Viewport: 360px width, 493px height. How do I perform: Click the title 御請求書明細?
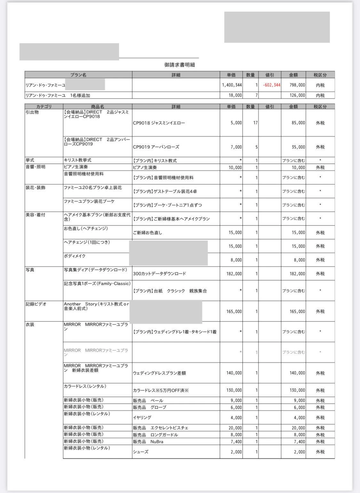point(180,65)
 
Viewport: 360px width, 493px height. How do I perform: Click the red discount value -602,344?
point(271,85)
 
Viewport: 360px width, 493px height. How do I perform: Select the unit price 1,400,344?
point(232,85)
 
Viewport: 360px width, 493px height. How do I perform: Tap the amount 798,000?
point(297,85)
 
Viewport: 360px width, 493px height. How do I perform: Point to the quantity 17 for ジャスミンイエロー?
point(255,123)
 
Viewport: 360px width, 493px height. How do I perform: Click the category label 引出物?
point(32,112)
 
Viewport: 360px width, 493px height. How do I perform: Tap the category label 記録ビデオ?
point(36,304)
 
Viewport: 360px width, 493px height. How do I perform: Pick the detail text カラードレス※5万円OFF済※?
point(161,391)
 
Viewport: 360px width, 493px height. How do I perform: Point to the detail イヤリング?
point(142,418)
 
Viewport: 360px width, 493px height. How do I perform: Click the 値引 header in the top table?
point(270,75)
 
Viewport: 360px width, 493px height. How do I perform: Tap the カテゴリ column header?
point(44,107)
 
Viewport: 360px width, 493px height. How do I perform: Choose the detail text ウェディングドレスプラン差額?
point(159,373)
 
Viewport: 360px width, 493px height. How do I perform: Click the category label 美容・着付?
point(35,215)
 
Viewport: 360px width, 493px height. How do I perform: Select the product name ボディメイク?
point(75,256)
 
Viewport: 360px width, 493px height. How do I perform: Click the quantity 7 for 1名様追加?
point(256,95)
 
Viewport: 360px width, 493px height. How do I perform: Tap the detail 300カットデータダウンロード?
point(159,274)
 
